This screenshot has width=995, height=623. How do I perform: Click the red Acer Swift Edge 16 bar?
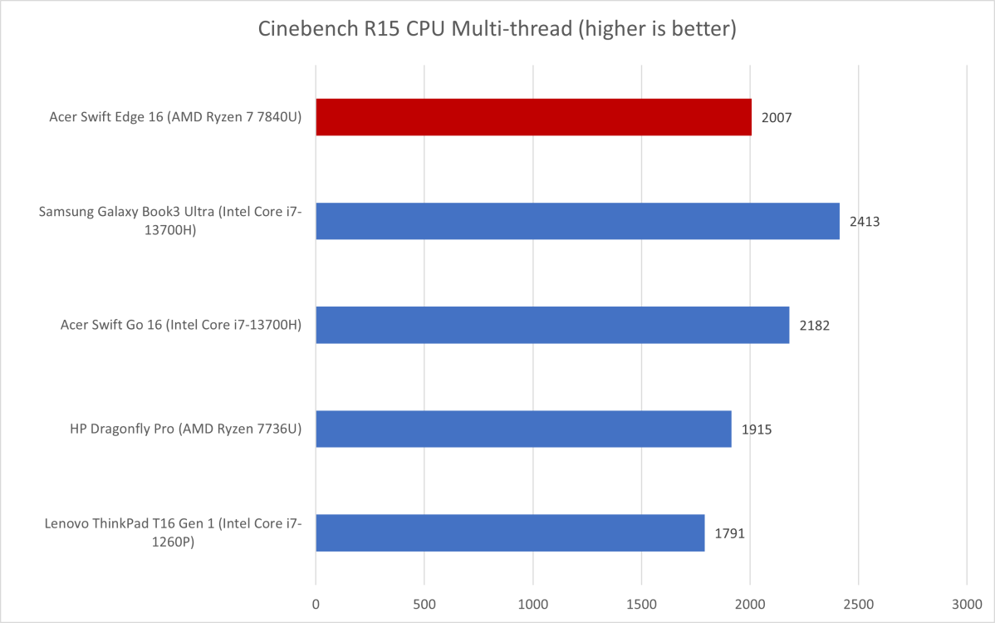[x=533, y=117]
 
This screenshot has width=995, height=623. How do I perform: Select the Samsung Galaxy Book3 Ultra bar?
[x=577, y=221]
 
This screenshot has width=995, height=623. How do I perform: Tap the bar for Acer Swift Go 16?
[x=552, y=325]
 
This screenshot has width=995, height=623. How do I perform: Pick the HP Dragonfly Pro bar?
[x=523, y=429]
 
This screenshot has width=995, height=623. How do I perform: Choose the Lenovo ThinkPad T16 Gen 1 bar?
[x=510, y=532]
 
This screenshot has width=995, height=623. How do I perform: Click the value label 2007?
[x=777, y=118]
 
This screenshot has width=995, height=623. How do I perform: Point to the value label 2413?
[x=865, y=222]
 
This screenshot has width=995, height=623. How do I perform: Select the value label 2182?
[x=814, y=326]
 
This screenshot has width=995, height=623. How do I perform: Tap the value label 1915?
[x=757, y=429]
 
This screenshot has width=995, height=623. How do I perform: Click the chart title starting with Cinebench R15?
[x=497, y=30]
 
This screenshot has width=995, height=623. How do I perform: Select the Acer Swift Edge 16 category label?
[x=175, y=118]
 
